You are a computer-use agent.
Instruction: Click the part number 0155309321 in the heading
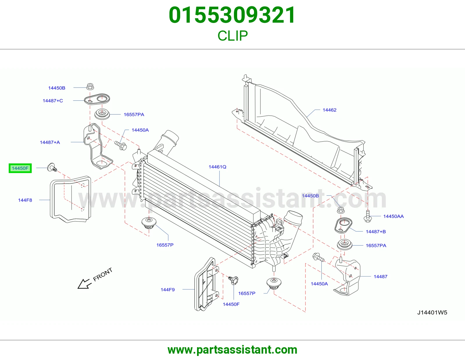(232, 15)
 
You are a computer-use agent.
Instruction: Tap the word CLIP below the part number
(233, 36)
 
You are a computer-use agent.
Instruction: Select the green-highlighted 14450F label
(20, 168)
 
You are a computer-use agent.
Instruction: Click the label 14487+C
(53, 101)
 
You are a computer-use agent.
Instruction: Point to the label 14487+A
(50, 142)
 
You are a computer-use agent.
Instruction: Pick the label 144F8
(25, 200)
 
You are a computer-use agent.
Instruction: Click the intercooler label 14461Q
(217, 167)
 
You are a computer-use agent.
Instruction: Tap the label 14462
(330, 110)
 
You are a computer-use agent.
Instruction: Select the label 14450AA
(393, 216)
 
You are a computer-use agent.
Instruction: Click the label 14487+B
(376, 231)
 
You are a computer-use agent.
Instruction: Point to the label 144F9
(168, 290)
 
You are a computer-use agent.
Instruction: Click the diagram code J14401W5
(432, 313)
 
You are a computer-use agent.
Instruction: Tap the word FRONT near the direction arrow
(103, 274)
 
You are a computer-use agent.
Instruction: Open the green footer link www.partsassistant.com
(233, 350)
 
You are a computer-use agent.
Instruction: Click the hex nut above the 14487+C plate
(90, 87)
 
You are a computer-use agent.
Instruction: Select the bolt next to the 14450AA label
(368, 216)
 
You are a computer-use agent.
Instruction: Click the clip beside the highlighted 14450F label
(52, 168)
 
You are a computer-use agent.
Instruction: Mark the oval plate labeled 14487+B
(343, 226)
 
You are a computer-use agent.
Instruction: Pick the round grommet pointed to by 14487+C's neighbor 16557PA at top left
(102, 115)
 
